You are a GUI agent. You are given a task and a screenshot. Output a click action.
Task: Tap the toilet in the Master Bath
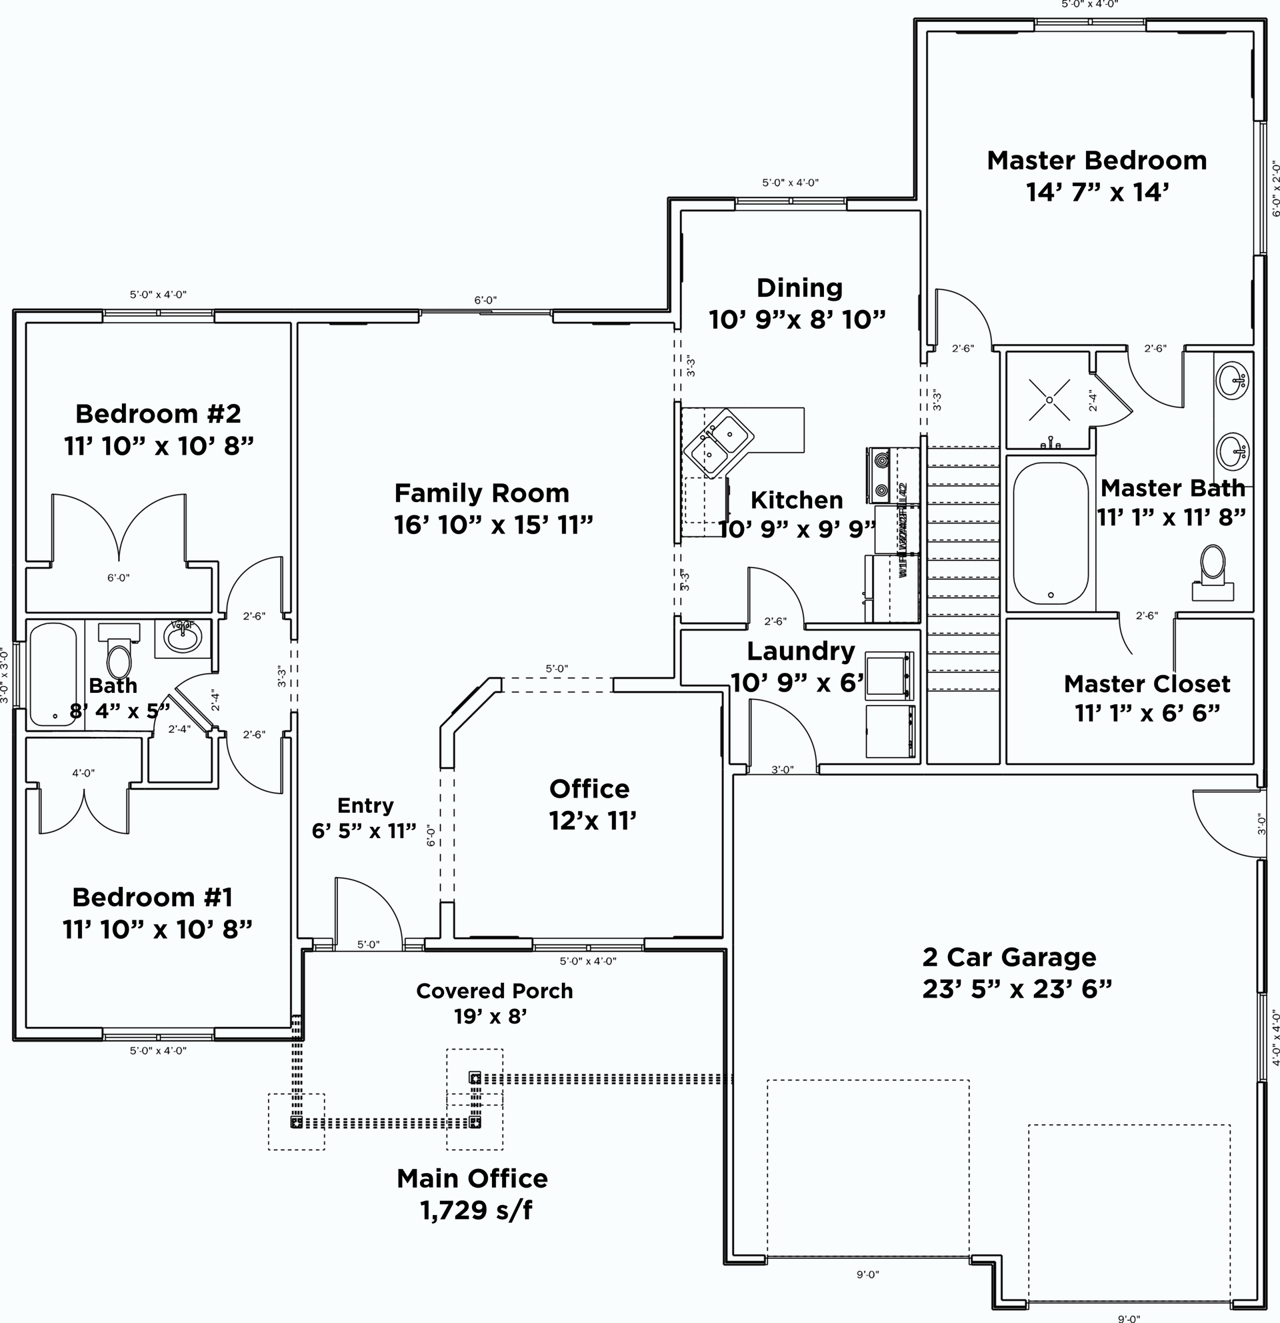(x=1213, y=571)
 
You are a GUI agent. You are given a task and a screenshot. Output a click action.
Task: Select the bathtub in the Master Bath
(x=1051, y=533)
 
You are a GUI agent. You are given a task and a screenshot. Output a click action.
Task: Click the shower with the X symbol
(x=1049, y=400)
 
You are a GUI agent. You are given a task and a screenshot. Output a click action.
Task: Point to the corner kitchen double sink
(x=718, y=443)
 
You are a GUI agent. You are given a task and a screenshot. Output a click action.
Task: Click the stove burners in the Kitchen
(x=881, y=475)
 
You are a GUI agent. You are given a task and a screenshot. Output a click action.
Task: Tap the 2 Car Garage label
(x=1009, y=956)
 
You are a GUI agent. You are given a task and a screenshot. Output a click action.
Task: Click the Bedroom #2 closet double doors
(x=119, y=527)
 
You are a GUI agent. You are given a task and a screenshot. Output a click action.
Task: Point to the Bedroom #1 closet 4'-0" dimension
(x=84, y=773)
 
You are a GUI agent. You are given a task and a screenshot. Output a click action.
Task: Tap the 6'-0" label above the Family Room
(x=485, y=299)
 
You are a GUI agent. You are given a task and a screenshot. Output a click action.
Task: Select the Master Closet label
(x=1147, y=684)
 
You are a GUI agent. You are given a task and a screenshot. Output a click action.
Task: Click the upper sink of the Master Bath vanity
(x=1231, y=381)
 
